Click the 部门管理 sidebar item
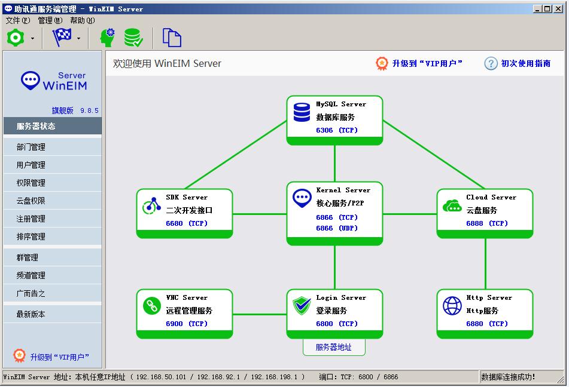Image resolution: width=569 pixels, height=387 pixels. click(31, 147)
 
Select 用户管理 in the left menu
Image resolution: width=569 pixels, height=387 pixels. click(31, 165)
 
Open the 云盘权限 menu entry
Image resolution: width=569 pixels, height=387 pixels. click(31, 201)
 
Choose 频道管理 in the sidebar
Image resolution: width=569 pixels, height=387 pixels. click(31, 275)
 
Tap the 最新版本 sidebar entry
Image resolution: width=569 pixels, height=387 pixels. click(31, 314)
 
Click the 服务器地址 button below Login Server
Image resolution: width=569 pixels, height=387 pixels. click(334, 347)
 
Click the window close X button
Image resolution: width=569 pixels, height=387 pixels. click(558, 8)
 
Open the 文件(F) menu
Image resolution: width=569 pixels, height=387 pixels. click(18, 21)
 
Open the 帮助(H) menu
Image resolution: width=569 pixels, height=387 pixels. click(83, 21)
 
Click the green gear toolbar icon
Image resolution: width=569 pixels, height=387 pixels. click(16, 38)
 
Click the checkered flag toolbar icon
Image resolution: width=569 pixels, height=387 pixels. click(62, 37)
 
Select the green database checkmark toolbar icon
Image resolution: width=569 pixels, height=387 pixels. click(133, 38)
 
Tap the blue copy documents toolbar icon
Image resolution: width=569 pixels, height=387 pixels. click(172, 38)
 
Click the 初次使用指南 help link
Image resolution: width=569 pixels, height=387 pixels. click(525, 63)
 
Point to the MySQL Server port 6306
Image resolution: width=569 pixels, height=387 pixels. click(324, 130)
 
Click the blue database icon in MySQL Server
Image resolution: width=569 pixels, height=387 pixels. click(302, 112)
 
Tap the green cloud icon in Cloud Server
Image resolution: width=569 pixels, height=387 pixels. click(452, 206)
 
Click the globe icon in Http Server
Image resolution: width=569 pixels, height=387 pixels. click(452, 306)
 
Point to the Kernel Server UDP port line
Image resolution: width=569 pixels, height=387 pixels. click(337, 228)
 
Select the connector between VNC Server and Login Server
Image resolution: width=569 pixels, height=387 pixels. click(260, 314)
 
